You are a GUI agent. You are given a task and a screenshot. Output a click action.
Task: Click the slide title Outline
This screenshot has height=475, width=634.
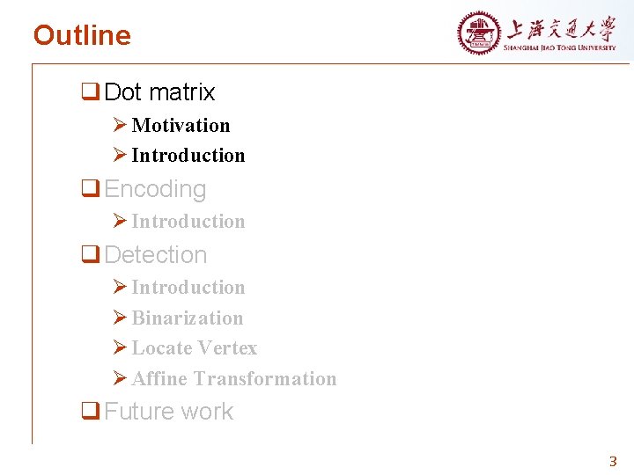(82, 35)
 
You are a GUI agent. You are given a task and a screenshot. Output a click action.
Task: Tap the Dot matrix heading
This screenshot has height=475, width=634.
(159, 92)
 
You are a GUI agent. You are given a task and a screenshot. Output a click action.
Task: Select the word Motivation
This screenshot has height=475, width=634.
(181, 125)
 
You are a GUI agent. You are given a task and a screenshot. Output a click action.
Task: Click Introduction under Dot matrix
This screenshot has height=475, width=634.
(188, 156)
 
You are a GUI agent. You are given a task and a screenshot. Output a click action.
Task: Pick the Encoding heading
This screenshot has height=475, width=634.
(155, 189)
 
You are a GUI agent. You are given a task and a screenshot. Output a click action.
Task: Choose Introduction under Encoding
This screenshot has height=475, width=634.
(188, 222)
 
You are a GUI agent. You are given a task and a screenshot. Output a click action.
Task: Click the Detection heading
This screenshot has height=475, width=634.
(156, 255)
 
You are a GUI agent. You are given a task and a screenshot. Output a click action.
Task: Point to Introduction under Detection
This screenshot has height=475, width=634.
(188, 288)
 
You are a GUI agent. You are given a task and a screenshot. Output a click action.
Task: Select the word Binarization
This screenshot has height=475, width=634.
(187, 318)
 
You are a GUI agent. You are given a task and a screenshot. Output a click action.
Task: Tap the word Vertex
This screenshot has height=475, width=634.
(227, 348)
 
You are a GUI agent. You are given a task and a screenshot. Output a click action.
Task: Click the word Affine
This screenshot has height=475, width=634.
(159, 379)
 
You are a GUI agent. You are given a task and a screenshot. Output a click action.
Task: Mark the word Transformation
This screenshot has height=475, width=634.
(265, 379)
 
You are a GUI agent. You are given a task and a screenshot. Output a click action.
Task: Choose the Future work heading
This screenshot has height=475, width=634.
(169, 412)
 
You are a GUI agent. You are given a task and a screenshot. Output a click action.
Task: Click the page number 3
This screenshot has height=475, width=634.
(614, 461)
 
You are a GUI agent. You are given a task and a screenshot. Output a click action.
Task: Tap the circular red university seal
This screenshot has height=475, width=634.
(478, 33)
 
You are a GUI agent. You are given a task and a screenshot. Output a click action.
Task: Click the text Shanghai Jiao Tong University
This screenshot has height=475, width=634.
(560, 47)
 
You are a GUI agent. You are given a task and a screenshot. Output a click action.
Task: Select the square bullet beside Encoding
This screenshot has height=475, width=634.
(89, 189)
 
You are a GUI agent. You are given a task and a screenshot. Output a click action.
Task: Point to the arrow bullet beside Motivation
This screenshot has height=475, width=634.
(121, 126)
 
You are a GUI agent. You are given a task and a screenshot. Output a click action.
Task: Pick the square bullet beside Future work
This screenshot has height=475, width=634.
(89, 412)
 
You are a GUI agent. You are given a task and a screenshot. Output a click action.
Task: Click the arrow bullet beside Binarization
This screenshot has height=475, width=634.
(121, 318)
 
